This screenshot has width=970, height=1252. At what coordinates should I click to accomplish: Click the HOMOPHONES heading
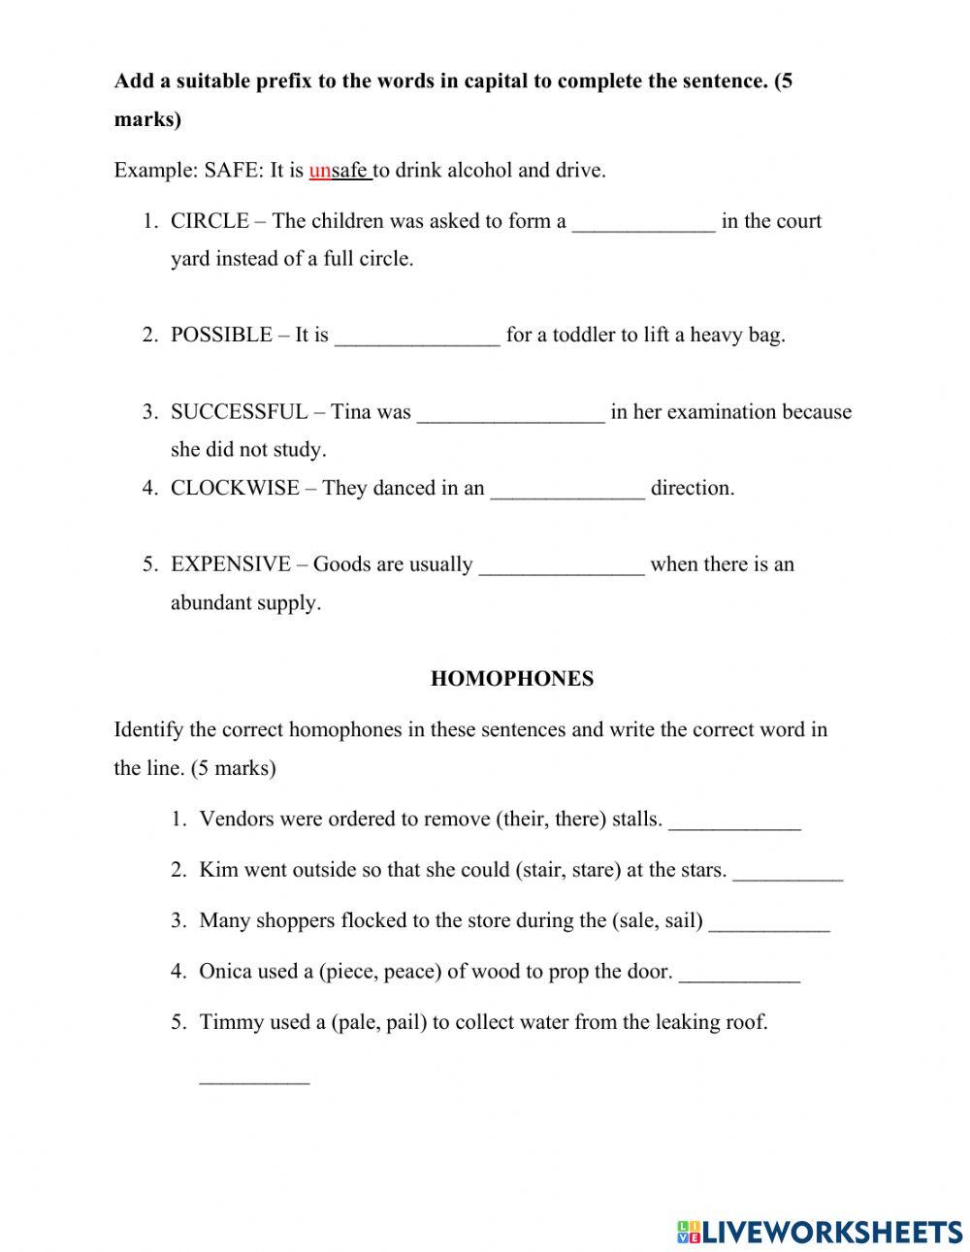511,679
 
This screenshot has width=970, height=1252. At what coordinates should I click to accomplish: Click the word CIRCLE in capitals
210,221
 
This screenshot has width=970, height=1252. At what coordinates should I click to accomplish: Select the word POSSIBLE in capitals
221,336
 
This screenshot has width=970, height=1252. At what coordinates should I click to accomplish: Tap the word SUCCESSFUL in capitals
238,412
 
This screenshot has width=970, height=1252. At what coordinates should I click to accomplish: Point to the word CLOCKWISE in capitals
235,488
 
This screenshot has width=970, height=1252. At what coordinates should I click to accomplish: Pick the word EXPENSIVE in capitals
231,564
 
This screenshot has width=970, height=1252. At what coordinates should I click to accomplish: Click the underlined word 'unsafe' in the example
339,171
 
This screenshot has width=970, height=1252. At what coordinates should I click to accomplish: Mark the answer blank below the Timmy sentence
254,1077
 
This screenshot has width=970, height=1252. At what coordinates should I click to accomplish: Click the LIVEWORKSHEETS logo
820,1232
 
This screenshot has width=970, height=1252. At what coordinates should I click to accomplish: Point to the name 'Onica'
225,972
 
